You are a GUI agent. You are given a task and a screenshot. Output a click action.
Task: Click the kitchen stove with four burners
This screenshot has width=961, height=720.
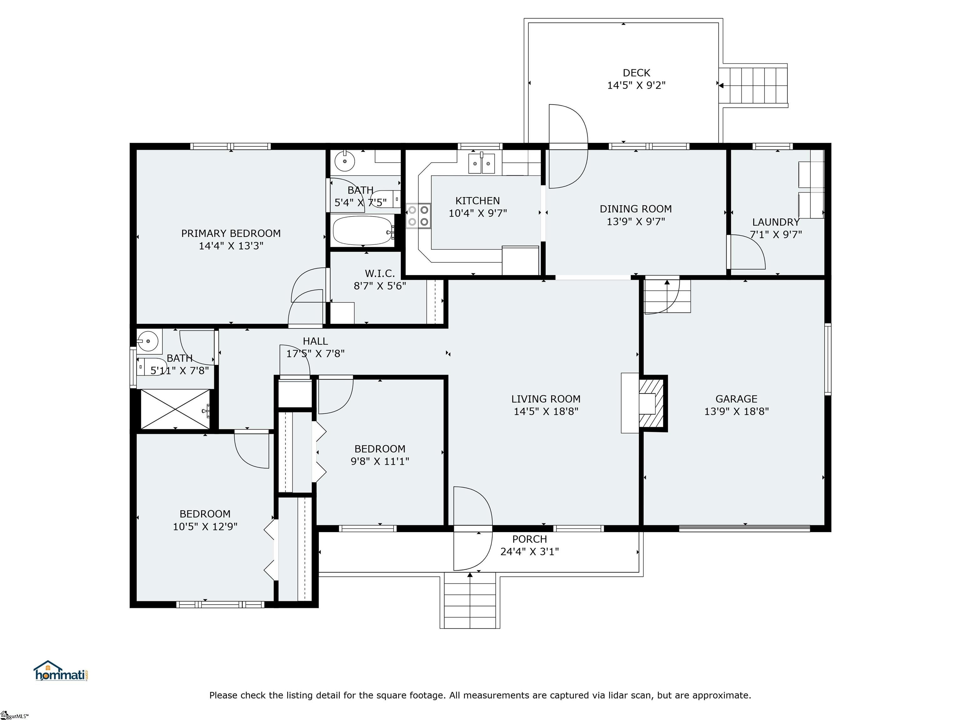[x=418, y=216]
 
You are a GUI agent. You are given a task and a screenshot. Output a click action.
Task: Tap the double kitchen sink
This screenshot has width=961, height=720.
[x=481, y=164]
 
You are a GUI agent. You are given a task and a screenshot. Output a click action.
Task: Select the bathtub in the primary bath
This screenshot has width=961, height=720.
[x=363, y=230]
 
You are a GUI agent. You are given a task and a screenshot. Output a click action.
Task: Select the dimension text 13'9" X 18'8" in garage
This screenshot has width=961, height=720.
[x=736, y=412]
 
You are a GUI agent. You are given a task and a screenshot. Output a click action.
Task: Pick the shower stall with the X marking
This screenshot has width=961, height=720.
[x=175, y=409]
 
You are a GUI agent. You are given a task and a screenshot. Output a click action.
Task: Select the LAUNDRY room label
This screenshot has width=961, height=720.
[x=775, y=222]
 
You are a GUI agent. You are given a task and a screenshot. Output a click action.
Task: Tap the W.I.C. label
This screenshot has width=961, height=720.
[x=380, y=273]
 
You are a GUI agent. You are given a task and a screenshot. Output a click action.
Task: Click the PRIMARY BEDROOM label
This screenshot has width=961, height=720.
[x=231, y=233]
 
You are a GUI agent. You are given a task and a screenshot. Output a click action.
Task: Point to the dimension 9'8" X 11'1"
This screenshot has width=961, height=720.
[x=380, y=461]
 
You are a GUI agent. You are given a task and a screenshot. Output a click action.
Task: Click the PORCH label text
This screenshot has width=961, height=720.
[x=529, y=539]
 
